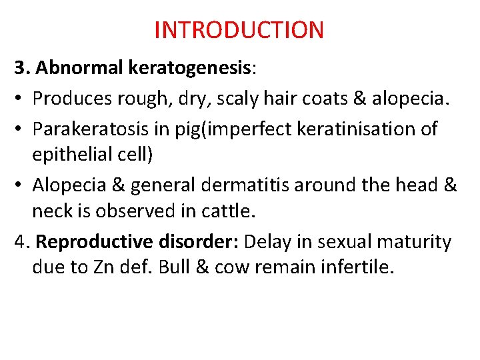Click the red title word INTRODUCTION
point(239,30)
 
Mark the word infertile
point(359,268)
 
